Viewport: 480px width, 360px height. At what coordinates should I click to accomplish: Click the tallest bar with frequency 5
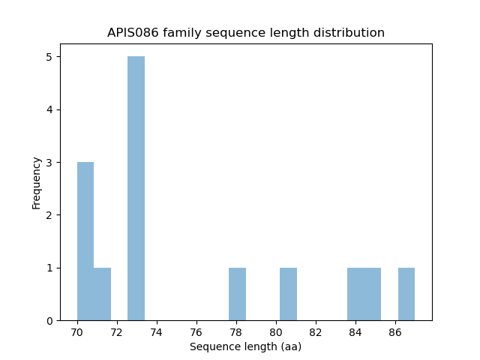(136, 188)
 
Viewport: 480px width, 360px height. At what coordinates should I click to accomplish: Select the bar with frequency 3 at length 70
(85, 241)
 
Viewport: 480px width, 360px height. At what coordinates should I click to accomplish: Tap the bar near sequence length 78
(237, 294)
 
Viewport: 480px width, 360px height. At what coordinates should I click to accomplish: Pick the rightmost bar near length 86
(406, 294)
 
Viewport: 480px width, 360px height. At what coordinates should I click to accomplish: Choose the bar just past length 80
(288, 294)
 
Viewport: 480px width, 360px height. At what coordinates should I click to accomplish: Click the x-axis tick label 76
(196, 332)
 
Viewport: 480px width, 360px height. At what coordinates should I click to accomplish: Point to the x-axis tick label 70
(77, 332)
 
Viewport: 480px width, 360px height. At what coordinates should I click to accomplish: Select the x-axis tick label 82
(316, 332)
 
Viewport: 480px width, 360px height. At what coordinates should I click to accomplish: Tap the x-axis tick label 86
(395, 332)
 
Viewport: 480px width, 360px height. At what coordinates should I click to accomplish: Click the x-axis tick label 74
(157, 332)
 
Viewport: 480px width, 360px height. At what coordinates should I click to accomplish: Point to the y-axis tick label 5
(49, 57)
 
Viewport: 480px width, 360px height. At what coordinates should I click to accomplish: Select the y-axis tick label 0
(49, 321)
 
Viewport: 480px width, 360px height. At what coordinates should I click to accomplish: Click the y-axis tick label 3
(49, 163)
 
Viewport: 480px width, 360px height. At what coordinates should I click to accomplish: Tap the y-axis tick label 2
(49, 215)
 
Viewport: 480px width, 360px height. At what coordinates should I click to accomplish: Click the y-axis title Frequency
(36, 182)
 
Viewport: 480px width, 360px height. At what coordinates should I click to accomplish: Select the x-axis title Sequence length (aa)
(245, 346)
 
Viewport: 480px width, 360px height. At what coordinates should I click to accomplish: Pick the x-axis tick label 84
(355, 332)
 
